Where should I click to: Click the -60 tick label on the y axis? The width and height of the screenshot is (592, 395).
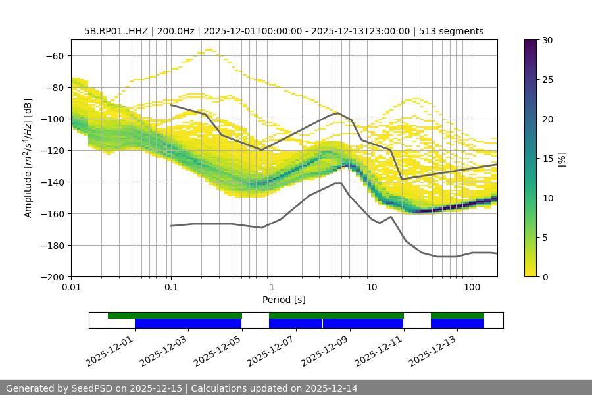tap(55, 55)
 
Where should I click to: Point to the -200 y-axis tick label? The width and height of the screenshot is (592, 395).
tap(52, 276)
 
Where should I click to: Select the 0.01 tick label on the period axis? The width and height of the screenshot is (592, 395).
tap(71, 288)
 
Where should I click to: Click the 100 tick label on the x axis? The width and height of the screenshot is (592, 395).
tap(472, 288)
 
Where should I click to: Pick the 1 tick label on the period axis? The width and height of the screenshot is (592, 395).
tap(272, 288)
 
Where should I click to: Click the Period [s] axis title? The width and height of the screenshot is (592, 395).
tap(284, 300)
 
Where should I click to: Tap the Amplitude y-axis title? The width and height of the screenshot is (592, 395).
tap(28, 158)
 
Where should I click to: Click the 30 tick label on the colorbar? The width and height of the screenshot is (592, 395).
tap(545, 40)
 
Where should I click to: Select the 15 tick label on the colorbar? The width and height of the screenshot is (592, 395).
tap(545, 159)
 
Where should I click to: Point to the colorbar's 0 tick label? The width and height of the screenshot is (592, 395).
tap(543, 276)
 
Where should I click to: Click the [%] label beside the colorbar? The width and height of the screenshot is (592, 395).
tap(562, 159)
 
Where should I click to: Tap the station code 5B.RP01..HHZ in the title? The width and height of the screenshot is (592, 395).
tap(116, 31)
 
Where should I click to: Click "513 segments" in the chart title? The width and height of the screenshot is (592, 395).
tap(452, 31)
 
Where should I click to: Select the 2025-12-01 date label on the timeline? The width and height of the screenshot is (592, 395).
tap(110, 350)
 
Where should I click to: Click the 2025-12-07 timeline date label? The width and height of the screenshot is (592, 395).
tap(271, 350)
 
